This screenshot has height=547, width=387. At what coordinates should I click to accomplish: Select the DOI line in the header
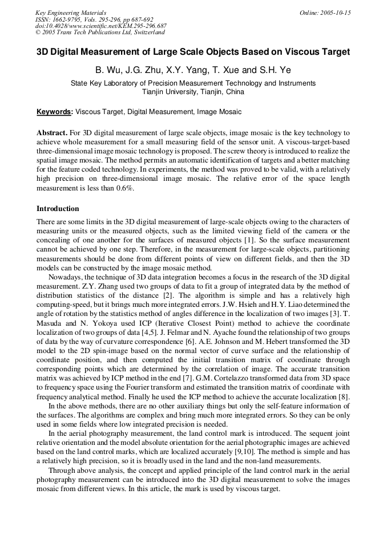100,26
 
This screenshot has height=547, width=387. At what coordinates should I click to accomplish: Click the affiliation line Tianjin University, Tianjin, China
193,91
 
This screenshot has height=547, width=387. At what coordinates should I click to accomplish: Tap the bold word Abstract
53,132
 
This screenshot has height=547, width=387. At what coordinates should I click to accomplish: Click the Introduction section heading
58,209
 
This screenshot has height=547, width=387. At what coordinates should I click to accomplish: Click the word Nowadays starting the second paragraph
66,277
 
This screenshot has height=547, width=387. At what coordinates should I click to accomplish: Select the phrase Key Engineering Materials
71,13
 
